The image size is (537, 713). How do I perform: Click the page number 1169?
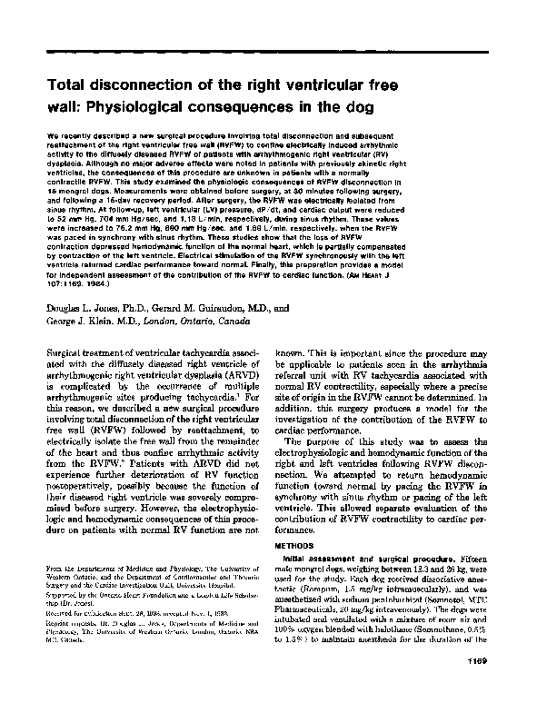tap(504, 687)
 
